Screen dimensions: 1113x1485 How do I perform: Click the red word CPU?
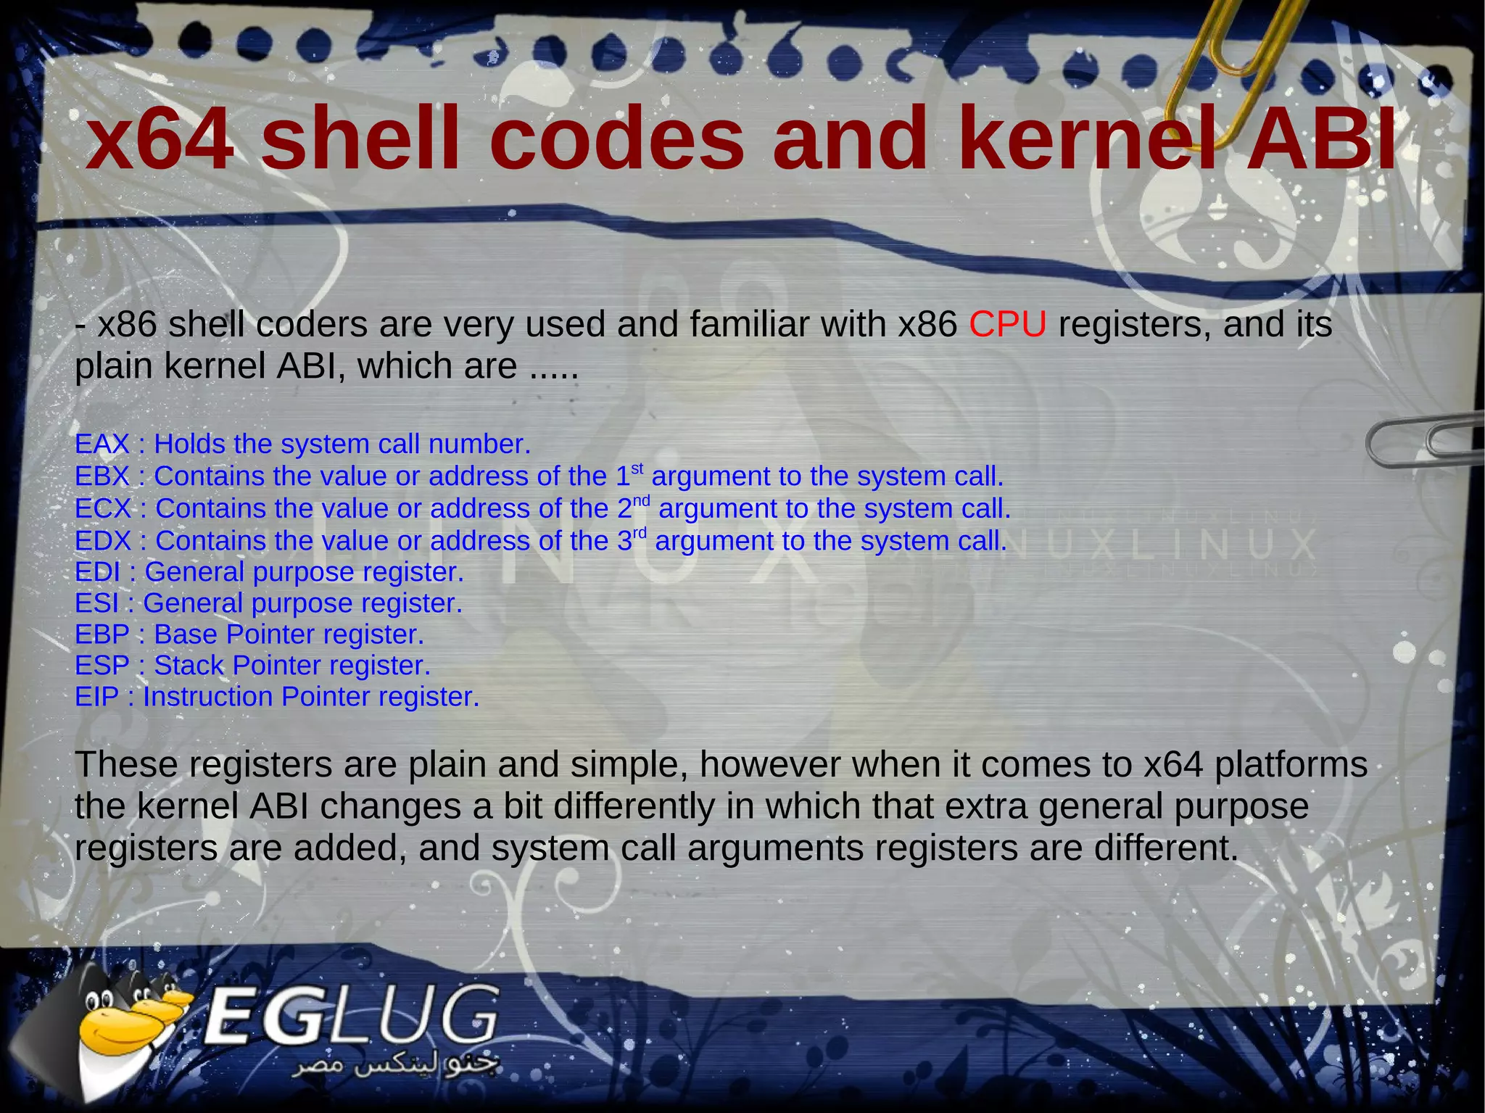point(1007,324)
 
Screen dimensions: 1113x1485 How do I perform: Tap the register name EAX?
point(102,444)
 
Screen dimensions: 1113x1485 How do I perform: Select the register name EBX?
point(102,476)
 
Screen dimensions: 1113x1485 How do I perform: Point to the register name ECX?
point(103,509)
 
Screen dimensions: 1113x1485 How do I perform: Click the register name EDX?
point(103,541)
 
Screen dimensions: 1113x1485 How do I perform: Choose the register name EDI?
point(97,572)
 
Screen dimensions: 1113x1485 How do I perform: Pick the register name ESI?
point(96,603)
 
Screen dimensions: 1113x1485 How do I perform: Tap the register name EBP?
point(102,634)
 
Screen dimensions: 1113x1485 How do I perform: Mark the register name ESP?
point(102,666)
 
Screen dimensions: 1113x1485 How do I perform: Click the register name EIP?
point(96,697)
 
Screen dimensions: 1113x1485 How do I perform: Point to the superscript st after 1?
point(637,468)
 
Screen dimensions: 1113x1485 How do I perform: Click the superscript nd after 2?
point(641,500)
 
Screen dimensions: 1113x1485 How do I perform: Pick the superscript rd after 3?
point(639,533)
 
